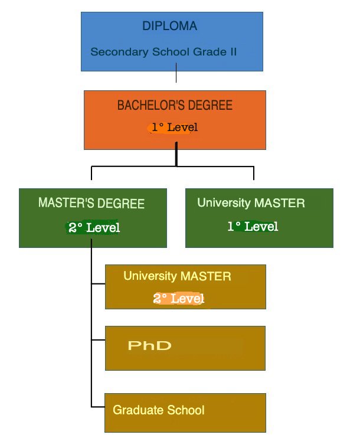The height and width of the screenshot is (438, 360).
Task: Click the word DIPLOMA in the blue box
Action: tap(169, 27)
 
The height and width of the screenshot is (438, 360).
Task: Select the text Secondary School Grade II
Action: tap(163, 52)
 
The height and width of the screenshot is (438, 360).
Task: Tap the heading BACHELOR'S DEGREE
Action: tap(175, 106)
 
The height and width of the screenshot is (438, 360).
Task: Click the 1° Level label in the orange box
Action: tap(174, 127)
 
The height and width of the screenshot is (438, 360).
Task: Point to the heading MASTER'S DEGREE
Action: tap(91, 204)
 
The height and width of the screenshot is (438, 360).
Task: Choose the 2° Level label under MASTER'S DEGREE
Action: tap(94, 228)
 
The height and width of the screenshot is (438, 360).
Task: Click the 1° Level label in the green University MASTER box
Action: tap(253, 227)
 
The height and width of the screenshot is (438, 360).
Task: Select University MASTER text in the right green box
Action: tap(251, 204)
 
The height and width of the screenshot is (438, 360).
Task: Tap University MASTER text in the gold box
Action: tap(177, 276)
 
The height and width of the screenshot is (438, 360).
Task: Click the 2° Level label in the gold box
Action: tap(179, 299)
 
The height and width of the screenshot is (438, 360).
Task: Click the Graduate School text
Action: tap(159, 410)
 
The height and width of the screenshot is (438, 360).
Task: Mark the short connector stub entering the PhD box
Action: tap(99, 340)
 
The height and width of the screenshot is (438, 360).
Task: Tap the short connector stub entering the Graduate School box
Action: tap(99, 406)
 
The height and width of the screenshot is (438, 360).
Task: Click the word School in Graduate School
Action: tap(186, 410)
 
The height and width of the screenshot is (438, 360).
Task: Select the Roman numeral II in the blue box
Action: tap(233, 52)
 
